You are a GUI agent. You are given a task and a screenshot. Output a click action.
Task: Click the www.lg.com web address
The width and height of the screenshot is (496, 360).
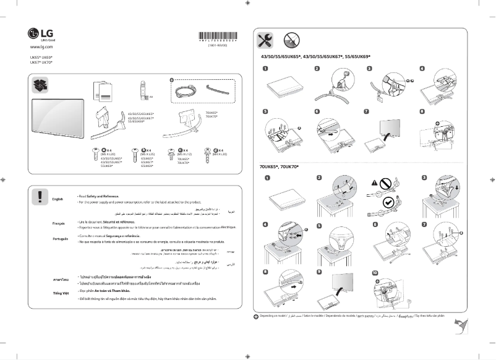click(41, 46)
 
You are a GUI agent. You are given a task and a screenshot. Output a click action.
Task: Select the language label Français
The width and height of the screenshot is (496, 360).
click(60, 223)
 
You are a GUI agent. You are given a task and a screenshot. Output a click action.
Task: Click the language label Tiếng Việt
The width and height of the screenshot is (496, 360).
click(60, 291)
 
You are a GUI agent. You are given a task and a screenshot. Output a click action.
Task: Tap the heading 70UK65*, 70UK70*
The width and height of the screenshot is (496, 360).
click(279, 168)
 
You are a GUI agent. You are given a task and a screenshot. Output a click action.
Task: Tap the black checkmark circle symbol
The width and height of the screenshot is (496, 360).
click(388, 202)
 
